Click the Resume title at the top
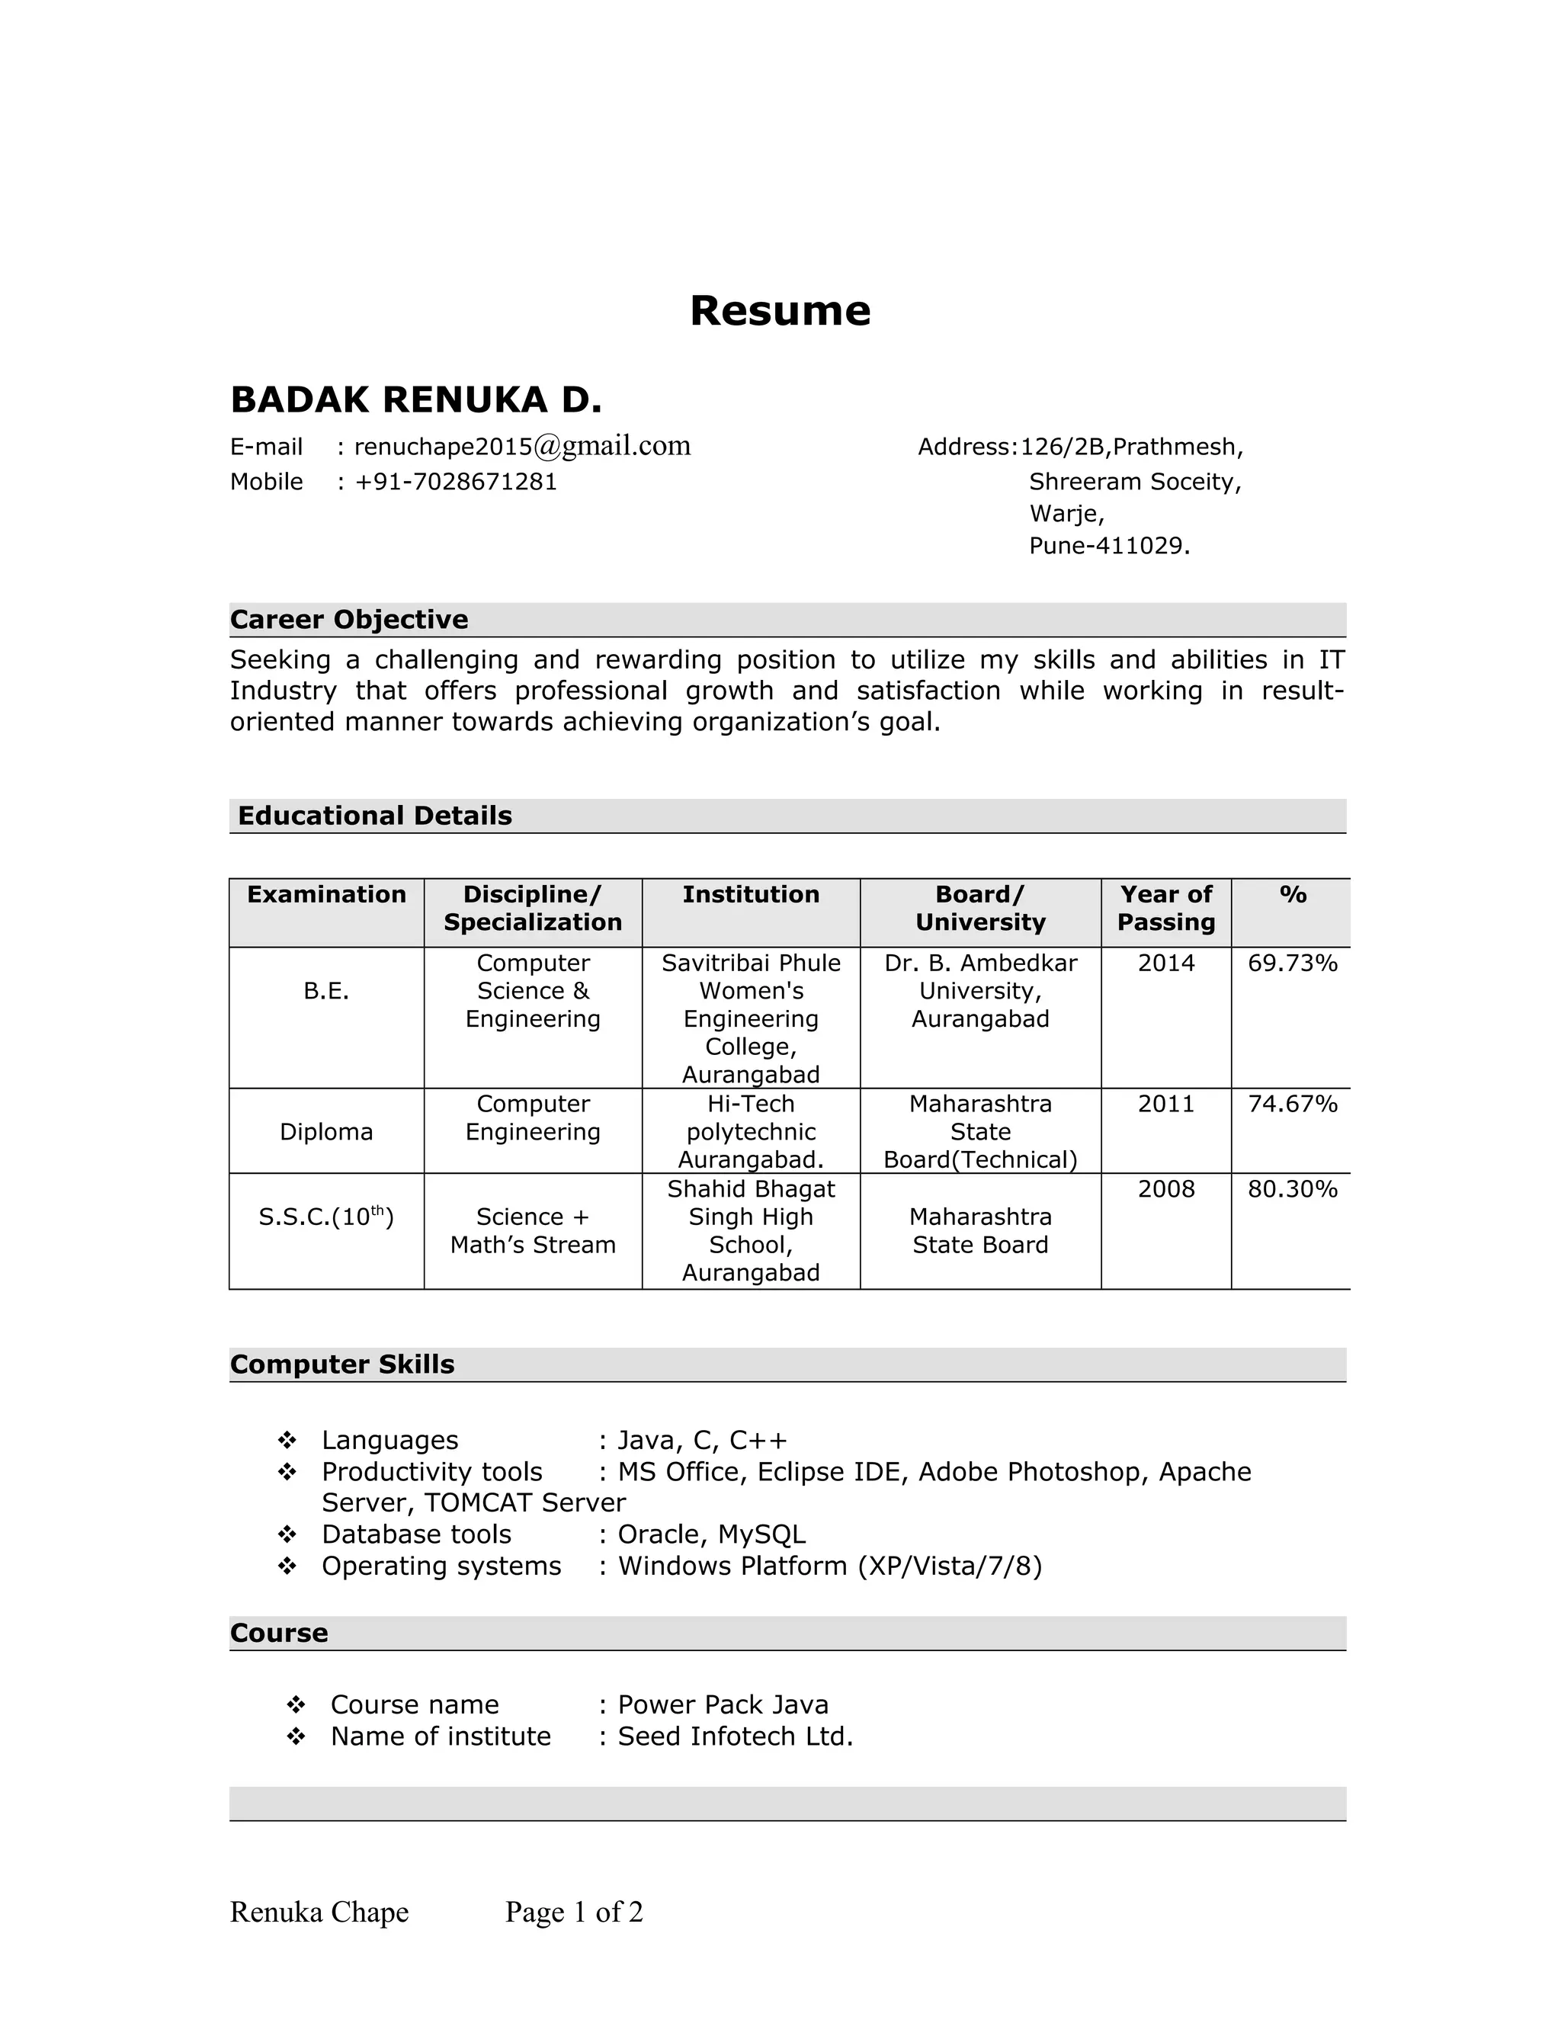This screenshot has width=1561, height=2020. tap(780, 311)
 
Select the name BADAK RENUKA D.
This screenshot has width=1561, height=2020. tap(415, 400)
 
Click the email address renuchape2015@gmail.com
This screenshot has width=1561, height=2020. tap(521, 447)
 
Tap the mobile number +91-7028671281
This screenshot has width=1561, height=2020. tap(455, 482)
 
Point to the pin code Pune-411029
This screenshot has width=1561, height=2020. tap(1109, 546)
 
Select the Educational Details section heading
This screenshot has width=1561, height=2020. tap(374, 816)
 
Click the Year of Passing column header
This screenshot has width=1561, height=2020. tap(1165, 909)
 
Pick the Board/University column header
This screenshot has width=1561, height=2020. tap(979, 909)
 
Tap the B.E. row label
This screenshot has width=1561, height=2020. tap(326, 992)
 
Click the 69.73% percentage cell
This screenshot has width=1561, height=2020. tap(1292, 964)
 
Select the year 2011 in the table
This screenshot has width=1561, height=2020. tap(1165, 1105)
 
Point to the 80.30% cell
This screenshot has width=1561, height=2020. tap(1292, 1189)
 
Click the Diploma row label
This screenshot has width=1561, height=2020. tap(326, 1132)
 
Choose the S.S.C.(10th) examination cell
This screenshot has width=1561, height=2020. tap(326, 1217)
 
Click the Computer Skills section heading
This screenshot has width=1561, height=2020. tap(342, 1365)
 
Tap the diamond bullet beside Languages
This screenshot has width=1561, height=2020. tap(287, 1441)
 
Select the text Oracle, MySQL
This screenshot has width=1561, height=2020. tap(711, 1534)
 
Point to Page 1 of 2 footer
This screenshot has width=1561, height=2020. tap(573, 1912)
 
